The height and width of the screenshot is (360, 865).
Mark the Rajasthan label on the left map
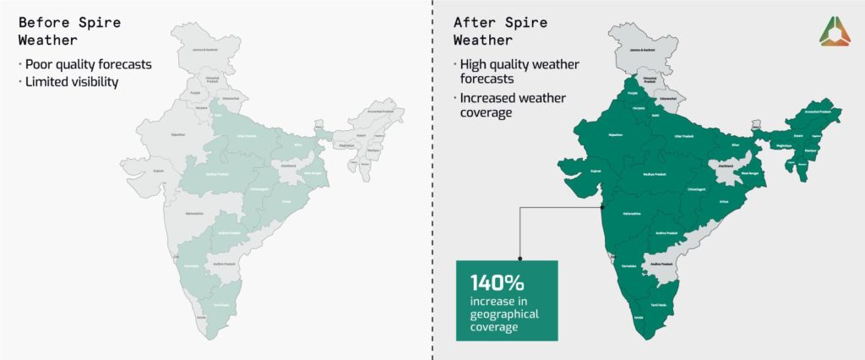coord(177,134)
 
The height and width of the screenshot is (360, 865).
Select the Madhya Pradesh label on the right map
coord(655,174)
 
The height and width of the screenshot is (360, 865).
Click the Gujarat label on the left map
coord(157,170)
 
